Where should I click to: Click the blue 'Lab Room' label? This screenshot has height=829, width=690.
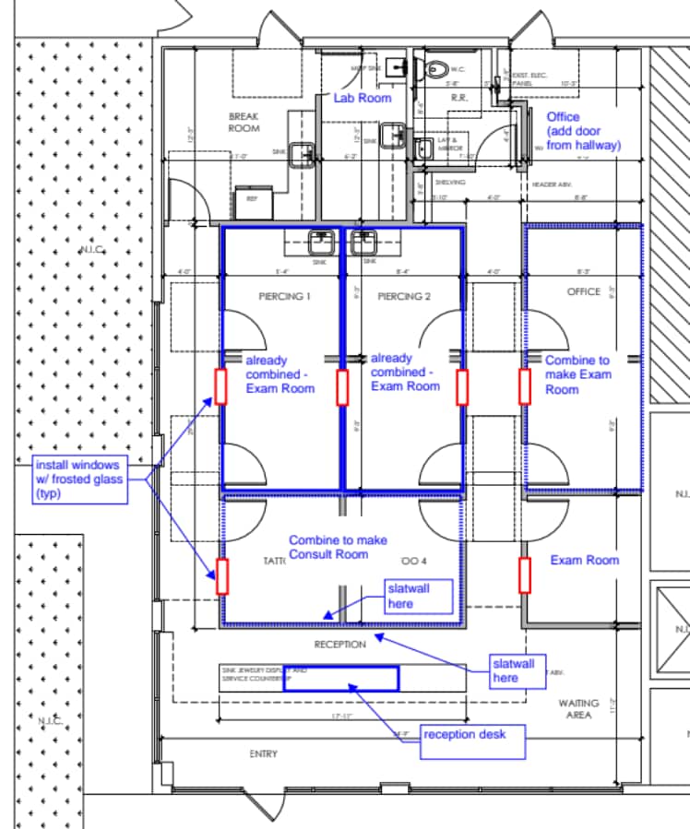click(363, 98)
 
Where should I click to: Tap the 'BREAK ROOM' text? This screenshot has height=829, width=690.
click(244, 122)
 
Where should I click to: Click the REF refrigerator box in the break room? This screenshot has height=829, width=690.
click(248, 197)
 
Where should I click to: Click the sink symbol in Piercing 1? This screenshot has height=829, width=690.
click(320, 242)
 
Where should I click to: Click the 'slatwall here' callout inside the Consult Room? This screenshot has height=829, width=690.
click(421, 596)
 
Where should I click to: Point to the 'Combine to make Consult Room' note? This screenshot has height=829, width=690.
click(338, 547)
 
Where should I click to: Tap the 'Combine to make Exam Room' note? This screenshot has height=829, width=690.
click(577, 374)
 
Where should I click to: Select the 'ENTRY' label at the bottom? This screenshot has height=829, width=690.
click(263, 754)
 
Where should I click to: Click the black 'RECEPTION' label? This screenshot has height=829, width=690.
click(339, 645)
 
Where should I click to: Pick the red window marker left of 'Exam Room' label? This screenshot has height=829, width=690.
click(525, 574)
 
